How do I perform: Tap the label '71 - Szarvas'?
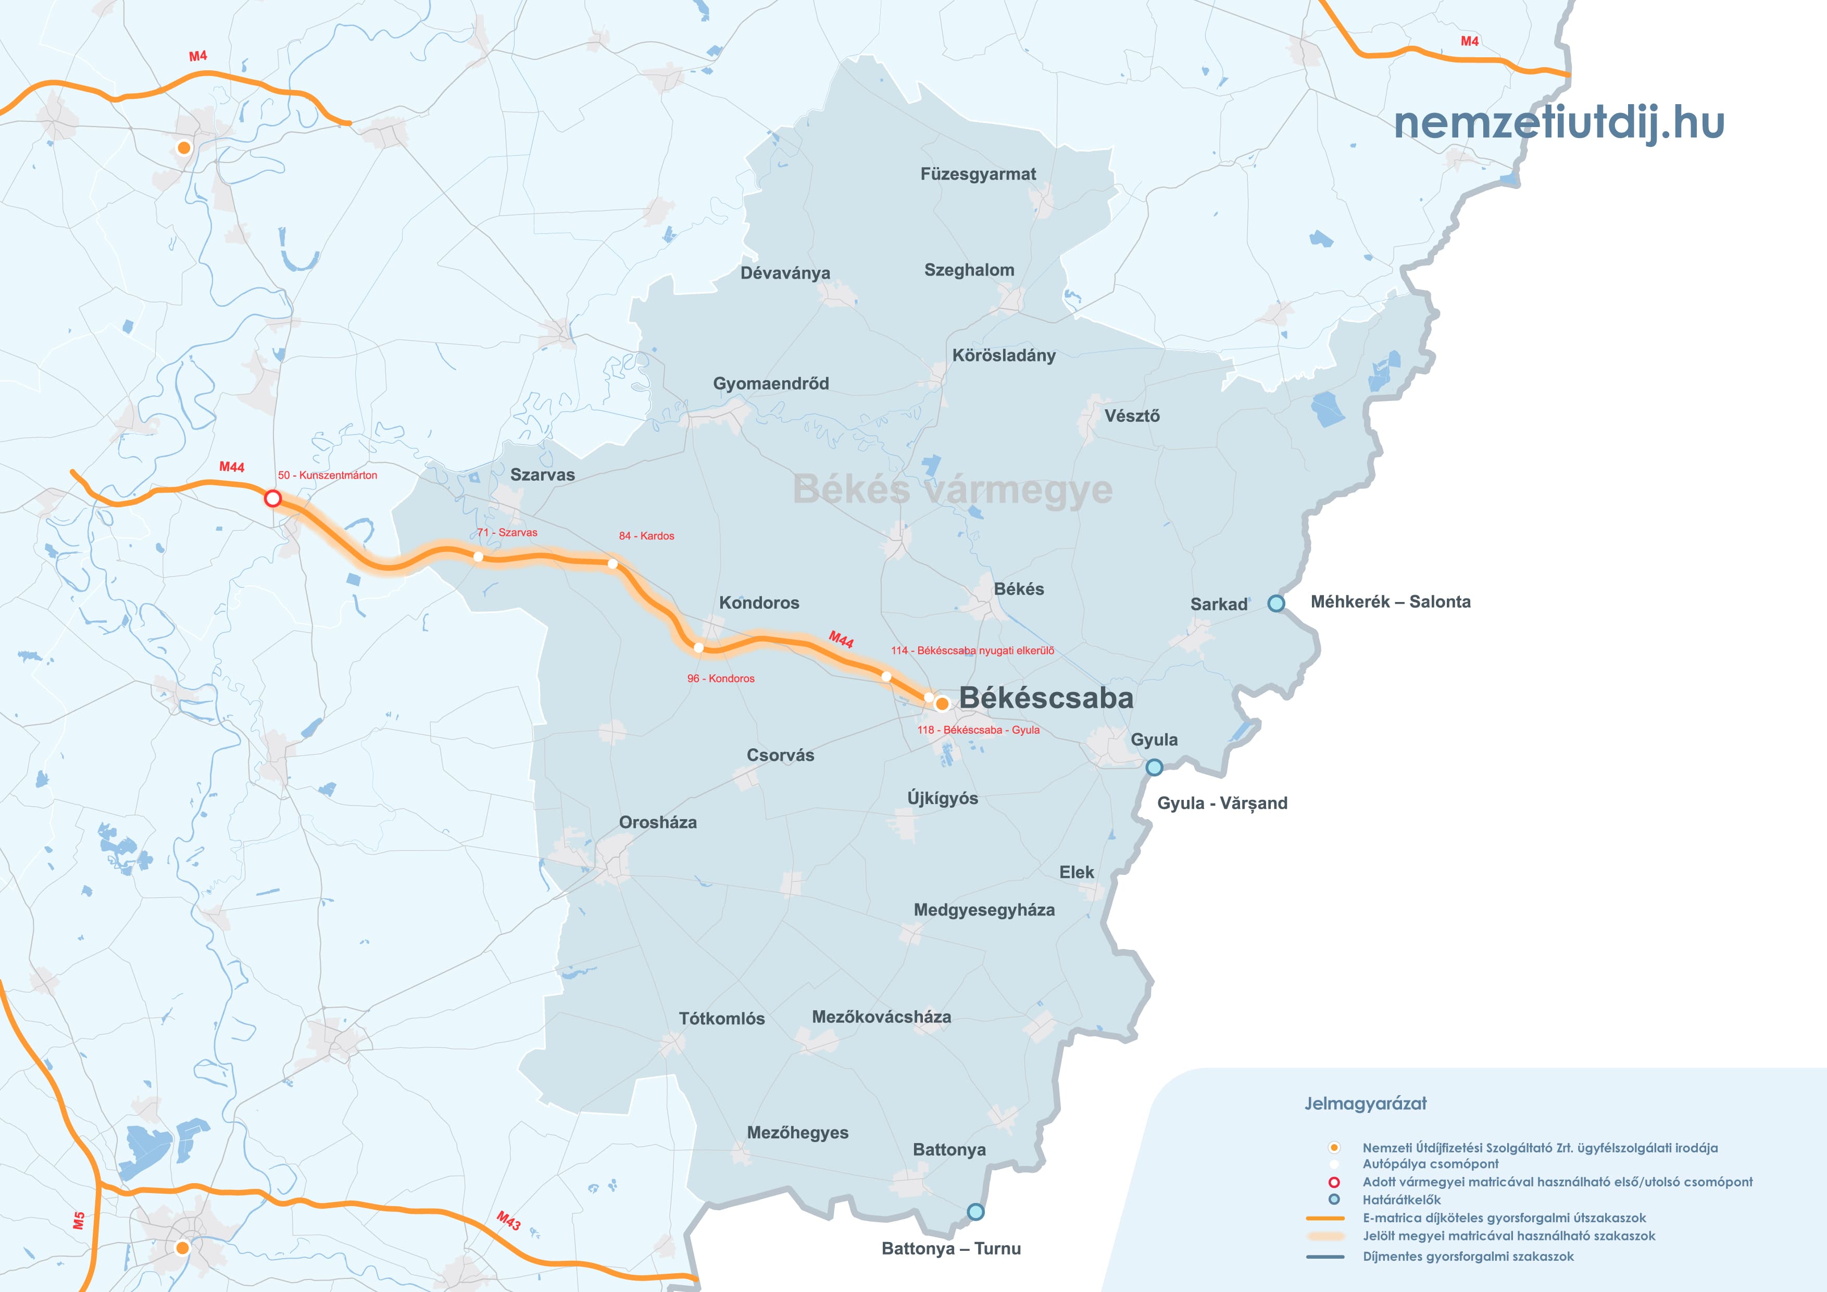pyautogui.click(x=507, y=532)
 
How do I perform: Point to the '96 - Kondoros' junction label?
pyautogui.click(x=720, y=679)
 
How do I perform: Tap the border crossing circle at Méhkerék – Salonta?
pyautogui.click(x=1275, y=603)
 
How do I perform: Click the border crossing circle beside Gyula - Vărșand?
pyautogui.click(x=1154, y=767)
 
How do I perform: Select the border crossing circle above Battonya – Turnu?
pyautogui.click(x=975, y=1212)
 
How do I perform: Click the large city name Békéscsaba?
pyautogui.click(x=1046, y=698)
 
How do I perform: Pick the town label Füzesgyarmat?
pyautogui.click(x=978, y=174)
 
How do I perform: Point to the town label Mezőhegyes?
pyautogui.click(x=797, y=1133)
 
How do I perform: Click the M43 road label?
pyautogui.click(x=508, y=1221)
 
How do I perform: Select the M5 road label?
pyautogui.click(x=79, y=1221)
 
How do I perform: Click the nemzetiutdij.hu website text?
pyautogui.click(x=1558, y=123)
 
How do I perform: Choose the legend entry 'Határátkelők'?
pyautogui.click(x=1401, y=1200)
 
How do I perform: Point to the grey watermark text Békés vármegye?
pyautogui.click(x=953, y=490)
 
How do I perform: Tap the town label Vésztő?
pyautogui.click(x=1132, y=416)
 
